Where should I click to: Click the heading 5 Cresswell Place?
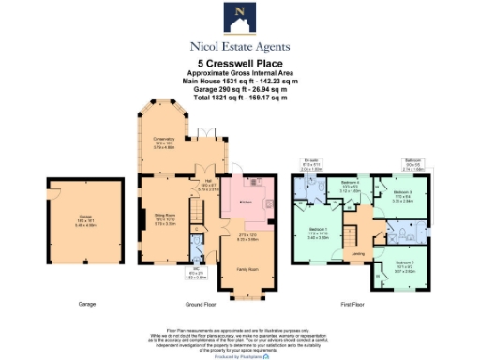click(x=239, y=64)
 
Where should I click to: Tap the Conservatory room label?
click(x=166, y=140)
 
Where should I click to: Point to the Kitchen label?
click(x=247, y=202)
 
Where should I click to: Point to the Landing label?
click(x=357, y=253)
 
